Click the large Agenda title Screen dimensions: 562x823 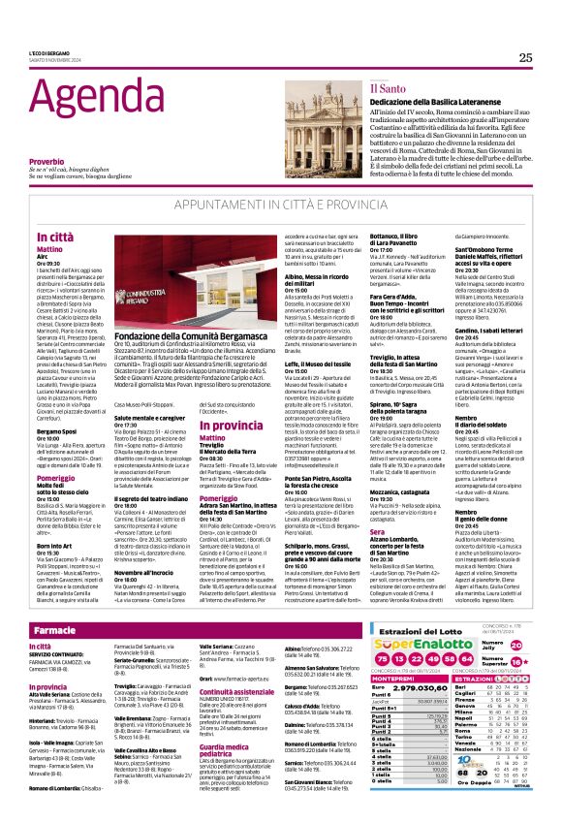coord(92,100)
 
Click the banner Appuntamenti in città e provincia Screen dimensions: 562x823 coord(280,206)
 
